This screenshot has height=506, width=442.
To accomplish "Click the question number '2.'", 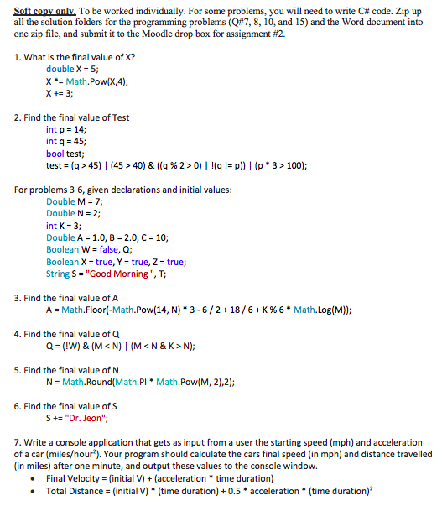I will pyautogui.click(x=18, y=118).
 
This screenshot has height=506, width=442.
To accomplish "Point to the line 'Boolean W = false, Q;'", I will pyautogui.click(x=88, y=250).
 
